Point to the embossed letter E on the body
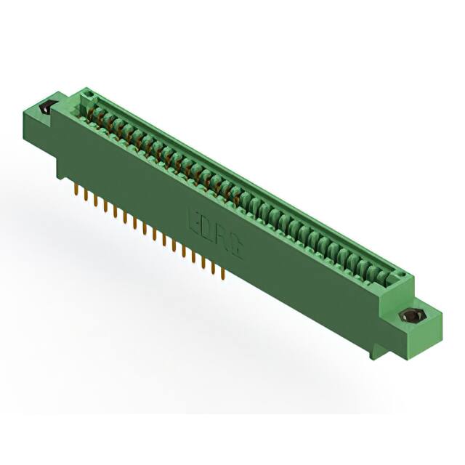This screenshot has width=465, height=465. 194,218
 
